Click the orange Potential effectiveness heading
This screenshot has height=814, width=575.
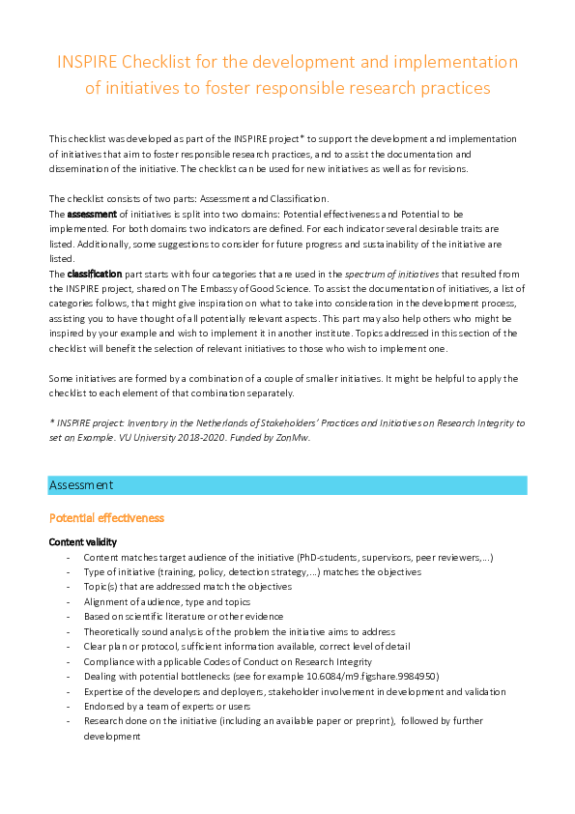point(106,518)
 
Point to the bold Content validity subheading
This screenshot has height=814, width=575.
point(82,542)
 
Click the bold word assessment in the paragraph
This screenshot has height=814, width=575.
point(91,212)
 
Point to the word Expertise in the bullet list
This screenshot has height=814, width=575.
point(103,691)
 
